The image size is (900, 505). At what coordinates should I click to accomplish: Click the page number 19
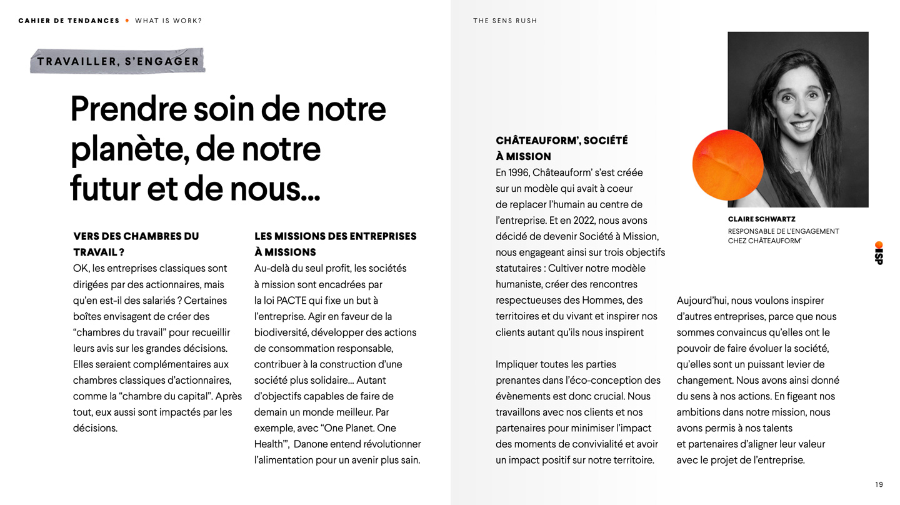coord(879,484)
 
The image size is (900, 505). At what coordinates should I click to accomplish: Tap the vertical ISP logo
coord(879,253)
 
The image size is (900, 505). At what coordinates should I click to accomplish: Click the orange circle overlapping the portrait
coord(727,164)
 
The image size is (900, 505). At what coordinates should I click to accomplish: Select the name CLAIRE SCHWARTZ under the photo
coord(761,219)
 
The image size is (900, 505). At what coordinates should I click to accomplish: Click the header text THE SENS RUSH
coord(505,21)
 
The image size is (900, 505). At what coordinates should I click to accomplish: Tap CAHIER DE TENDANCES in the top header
coord(69,21)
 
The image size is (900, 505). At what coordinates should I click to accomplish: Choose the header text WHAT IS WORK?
coord(168,21)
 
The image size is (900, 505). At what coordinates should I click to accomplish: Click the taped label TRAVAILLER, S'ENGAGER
coord(117,61)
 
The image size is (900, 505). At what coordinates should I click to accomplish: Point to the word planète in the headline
coord(127,149)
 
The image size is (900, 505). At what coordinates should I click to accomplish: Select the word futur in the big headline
coord(104,188)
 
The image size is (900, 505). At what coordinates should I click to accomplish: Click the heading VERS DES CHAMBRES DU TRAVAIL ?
coord(136,244)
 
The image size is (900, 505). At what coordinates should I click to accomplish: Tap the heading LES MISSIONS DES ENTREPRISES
coord(335,236)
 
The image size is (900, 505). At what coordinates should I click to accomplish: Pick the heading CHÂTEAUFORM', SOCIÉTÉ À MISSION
coord(561,148)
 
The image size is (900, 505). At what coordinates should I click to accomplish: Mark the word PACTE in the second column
coord(291,301)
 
